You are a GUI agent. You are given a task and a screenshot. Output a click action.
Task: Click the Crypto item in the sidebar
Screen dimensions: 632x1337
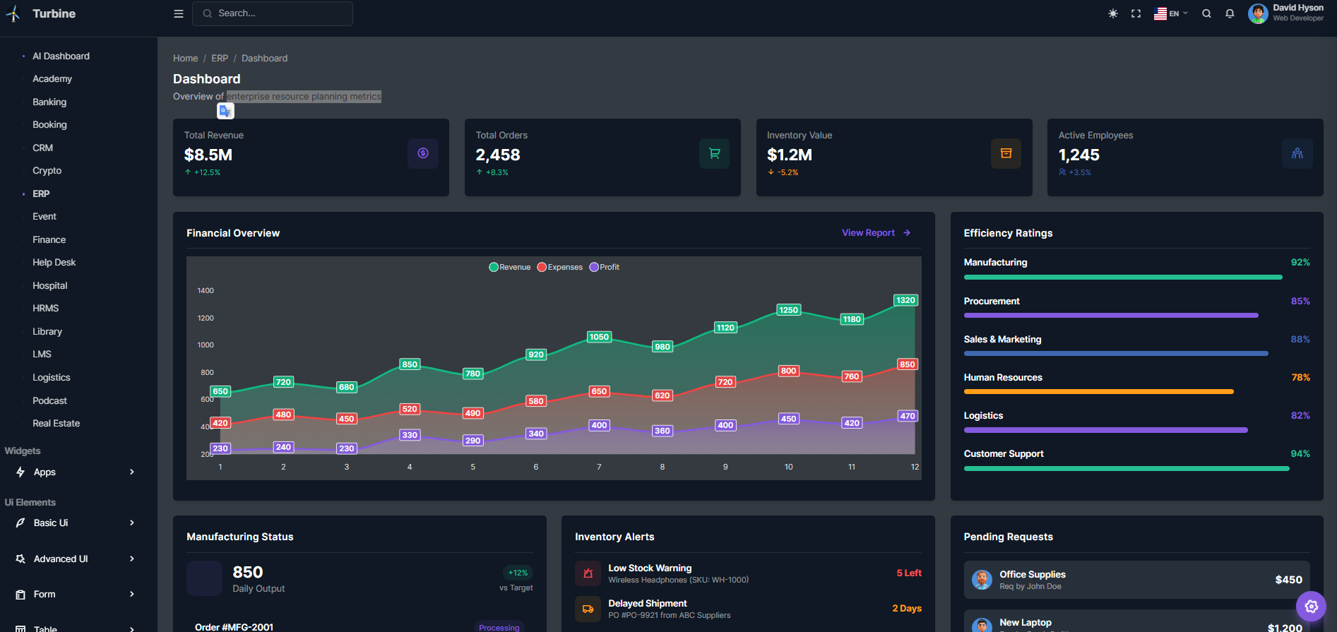[x=47, y=171]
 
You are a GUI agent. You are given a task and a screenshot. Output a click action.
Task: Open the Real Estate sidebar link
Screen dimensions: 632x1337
[x=56, y=424]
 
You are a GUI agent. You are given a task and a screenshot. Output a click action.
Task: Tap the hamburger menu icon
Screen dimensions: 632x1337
[x=179, y=13]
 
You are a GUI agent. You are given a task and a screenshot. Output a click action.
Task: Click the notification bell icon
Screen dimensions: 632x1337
[x=1230, y=13]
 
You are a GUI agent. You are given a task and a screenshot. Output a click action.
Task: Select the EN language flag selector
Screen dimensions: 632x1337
[x=1170, y=13]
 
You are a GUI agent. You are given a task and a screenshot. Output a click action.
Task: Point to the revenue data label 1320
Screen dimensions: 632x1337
[x=905, y=300]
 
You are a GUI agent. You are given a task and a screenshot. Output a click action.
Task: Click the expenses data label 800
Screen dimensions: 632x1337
[x=788, y=371]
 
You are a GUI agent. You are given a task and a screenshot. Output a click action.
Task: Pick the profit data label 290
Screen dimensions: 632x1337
[x=473, y=441]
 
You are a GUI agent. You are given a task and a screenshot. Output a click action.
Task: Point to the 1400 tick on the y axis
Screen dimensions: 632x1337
[x=206, y=291]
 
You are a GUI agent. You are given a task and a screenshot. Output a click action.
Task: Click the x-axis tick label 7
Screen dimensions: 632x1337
[x=599, y=467]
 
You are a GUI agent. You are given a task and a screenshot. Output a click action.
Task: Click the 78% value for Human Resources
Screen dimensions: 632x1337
[x=1300, y=378]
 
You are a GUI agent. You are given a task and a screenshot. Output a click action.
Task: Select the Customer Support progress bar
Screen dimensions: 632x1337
[x=1126, y=468]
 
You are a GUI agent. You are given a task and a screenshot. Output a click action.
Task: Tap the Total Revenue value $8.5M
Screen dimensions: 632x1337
[x=208, y=155]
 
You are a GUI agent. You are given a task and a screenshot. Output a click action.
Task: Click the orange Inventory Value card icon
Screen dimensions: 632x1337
[x=1006, y=153]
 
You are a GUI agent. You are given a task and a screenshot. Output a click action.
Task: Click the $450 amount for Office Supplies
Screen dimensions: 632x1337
[x=1288, y=580]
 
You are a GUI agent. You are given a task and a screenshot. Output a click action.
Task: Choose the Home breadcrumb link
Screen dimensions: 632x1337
[x=185, y=59]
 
